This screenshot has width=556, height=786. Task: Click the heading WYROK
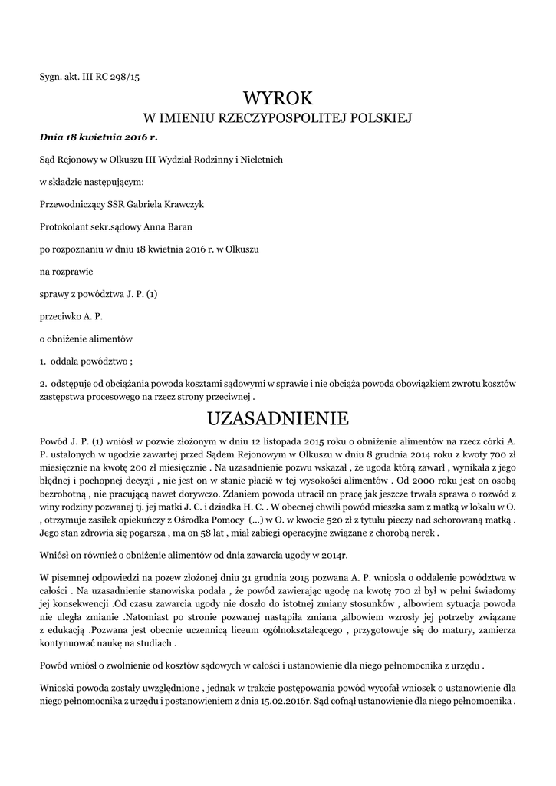(x=278, y=97)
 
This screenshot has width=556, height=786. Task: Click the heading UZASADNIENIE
(x=278, y=418)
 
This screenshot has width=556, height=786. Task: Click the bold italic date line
(x=97, y=137)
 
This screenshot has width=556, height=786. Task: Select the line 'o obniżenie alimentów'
(x=87, y=338)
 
